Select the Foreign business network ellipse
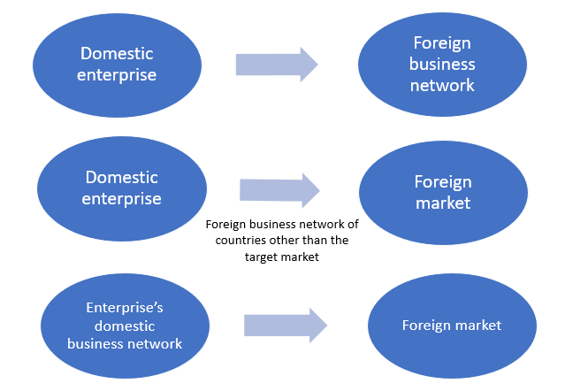tap(442, 64)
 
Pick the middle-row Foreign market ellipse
tap(442, 192)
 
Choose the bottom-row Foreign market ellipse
tap(451, 325)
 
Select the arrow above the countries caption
tap(279, 190)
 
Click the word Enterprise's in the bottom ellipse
tap(125, 308)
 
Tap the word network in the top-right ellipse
tap(443, 86)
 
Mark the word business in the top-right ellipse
tap(443, 64)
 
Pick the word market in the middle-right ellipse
tap(443, 203)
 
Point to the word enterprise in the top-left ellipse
tap(117, 75)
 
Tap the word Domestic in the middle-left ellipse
tap(122, 177)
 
